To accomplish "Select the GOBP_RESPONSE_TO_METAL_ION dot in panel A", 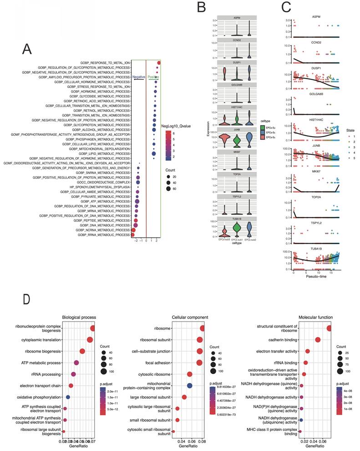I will click(x=159, y=63).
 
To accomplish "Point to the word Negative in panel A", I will click(x=138, y=77).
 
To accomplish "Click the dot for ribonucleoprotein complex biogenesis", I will click(x=93, y=328).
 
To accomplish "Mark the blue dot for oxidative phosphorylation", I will click(x=67, y=397).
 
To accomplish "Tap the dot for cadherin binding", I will click(x=318, y=340).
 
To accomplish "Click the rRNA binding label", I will click(x=285, y=363).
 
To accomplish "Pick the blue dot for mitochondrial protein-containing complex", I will click(x=190, y=386).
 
